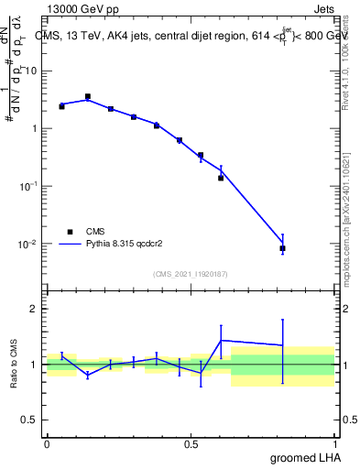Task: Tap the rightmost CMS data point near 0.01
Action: pos(282,248)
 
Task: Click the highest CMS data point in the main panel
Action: pos(88,96)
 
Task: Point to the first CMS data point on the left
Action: pos(61,106)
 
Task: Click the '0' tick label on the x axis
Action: pos(47,444)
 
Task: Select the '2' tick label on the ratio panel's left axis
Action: pos(36,309)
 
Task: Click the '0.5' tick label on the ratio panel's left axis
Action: pos(31,420)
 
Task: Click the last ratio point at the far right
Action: pos(282,345)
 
